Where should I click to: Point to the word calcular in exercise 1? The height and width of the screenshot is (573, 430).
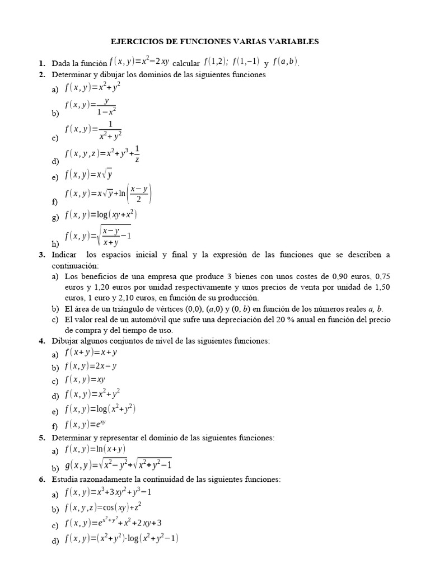pos(189,63)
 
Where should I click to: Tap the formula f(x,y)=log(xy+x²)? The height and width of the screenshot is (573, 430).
pos(101,215)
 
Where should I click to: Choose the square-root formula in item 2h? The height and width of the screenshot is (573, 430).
pos(98,236)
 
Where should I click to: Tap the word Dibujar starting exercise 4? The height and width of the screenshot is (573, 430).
pos(66,341)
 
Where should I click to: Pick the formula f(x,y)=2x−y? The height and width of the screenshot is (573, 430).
pos(91,367)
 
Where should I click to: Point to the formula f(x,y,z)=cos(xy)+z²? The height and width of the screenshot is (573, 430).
pos(103,508)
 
